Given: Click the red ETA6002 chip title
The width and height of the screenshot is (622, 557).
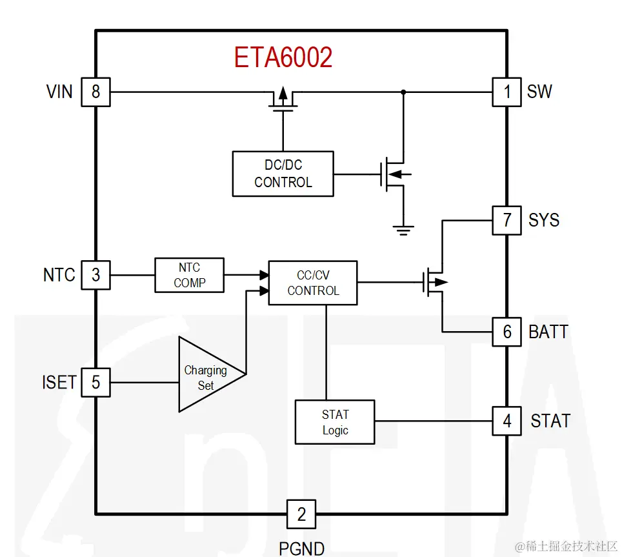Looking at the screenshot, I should coord(283,58).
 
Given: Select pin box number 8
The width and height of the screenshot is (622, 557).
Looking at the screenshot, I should coord(95,92).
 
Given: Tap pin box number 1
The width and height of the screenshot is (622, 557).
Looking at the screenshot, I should coord(507,92).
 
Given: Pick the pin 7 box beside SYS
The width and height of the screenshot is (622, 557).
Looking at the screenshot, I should coord(507,220).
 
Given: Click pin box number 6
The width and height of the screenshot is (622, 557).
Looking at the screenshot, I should coord(507,332).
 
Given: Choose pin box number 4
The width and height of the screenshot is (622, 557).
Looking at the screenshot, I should coord(507,421).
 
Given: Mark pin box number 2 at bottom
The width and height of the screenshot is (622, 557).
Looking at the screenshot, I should coord(301,514).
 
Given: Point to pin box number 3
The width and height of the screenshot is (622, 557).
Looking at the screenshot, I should coord(95,275).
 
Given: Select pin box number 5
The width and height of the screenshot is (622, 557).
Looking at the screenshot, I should coord(95,382).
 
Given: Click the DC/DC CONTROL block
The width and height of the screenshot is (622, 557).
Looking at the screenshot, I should coord(283,174).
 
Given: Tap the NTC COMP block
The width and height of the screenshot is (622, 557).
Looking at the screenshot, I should coord(189,275).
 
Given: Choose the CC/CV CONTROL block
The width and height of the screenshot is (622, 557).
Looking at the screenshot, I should coord(313,283).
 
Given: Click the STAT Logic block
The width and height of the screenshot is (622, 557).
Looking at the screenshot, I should coord(335,422).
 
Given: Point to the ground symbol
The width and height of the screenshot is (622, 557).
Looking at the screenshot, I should coord(404,228).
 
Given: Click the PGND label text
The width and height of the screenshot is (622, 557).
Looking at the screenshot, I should coord(301,548).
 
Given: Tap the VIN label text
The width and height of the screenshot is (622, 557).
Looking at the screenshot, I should coord(59,92).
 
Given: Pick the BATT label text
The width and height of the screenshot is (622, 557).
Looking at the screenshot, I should coord(548,332).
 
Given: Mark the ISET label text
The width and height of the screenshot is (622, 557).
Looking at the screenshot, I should coord(59,382).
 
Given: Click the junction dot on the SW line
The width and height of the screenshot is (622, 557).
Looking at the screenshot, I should coord(404,92).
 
